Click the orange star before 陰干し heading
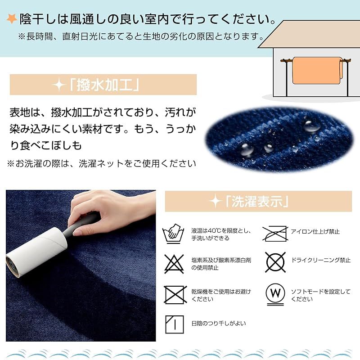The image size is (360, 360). pos(12,19)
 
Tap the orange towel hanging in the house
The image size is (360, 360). pos(316,70)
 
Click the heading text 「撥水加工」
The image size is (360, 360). pos(103,85)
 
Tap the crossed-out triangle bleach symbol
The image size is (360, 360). pos(174,263)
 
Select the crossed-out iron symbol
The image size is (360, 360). pos(275,233)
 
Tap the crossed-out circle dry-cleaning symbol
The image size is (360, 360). pos(275,261)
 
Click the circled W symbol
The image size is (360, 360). pos(275,293)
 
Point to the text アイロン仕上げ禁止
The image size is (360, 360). pos(315,232)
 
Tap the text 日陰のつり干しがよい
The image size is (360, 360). pos(218,323)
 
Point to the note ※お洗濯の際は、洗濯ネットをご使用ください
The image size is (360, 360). pos(101,163)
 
